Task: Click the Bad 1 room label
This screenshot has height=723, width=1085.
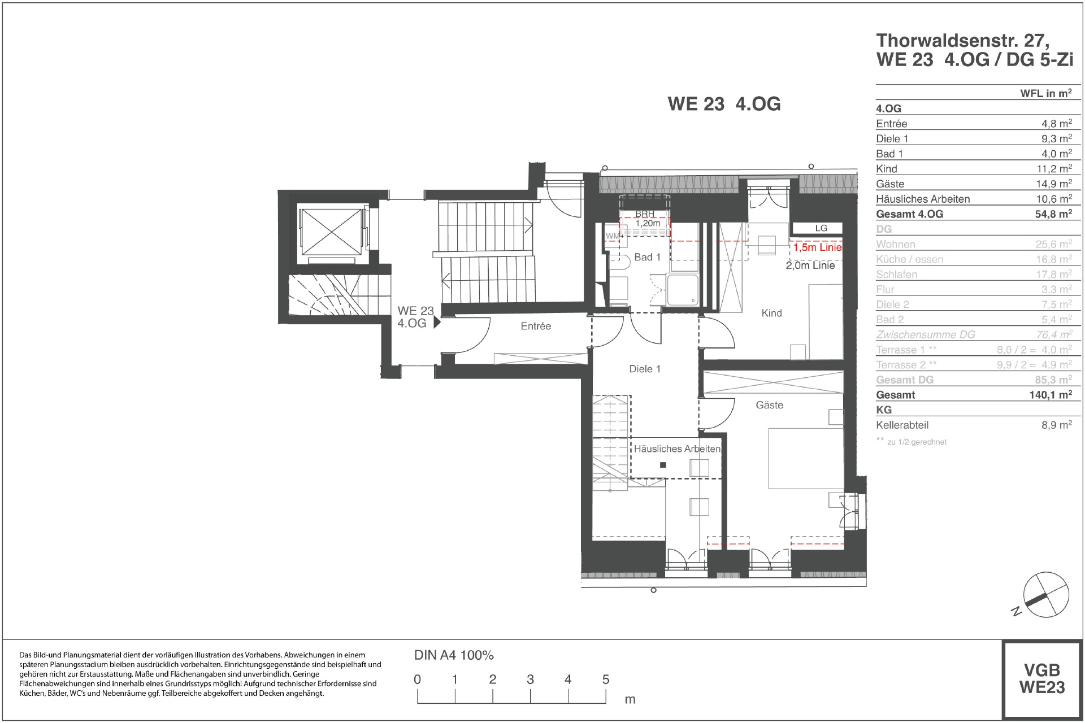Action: tap(647, 258)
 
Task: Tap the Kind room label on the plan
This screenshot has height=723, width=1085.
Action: tap(771, 313)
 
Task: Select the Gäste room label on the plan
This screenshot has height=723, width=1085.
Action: tap(769, 405)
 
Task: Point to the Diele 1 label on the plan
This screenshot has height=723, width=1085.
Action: tap(645, 369)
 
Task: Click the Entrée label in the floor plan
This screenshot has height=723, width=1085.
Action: tap(536, 326)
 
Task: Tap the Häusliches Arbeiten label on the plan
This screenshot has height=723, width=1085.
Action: tap(677, 449)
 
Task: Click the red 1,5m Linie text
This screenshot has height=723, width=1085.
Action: tap(817, 247)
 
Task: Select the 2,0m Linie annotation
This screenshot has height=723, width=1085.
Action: tap(810, 265)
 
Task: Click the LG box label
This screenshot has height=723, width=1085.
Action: tap(821, 228)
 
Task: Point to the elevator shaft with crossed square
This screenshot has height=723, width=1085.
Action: tap(331, 232)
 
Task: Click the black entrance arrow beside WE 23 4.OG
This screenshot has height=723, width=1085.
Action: tap(436, 323)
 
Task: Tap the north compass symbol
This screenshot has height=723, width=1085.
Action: tap(1046, 594)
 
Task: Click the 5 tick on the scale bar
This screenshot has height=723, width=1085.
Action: tap(605, 680)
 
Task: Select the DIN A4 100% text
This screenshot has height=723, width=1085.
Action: tap(454, 655)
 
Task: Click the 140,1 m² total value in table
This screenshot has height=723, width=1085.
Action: tap(1050, 395)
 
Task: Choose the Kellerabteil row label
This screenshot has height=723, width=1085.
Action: tap(902, 425)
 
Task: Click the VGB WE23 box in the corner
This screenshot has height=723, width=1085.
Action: tap(1041, 678)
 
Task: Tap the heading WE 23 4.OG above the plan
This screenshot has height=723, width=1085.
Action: tap(724, 104)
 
